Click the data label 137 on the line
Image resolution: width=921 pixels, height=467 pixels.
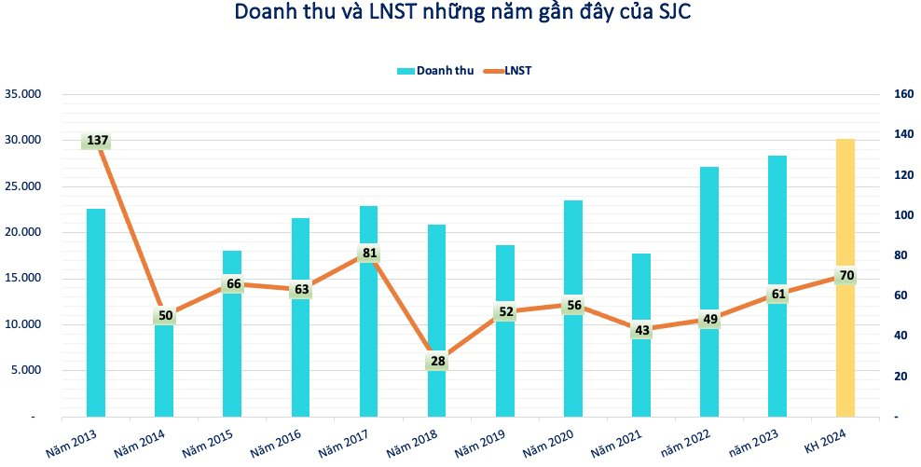pos(97,141)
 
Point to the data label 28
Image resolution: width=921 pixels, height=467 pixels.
pos(437,361)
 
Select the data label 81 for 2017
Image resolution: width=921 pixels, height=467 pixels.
pos(369,254)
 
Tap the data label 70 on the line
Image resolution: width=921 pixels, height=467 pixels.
pos(846,276)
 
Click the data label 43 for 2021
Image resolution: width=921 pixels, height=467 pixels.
pos(641,330)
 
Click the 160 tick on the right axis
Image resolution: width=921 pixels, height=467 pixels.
pos(903,94)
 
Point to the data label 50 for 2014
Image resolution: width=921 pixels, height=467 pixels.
pos(165,316)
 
